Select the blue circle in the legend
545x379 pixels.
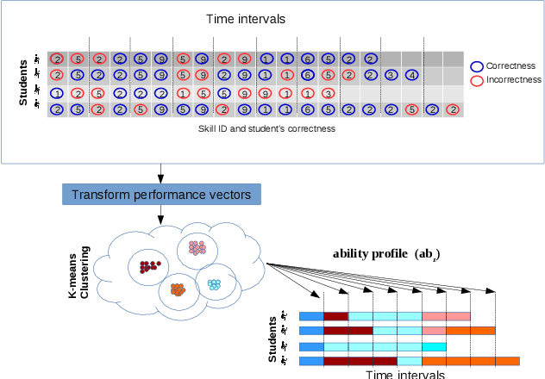tap(477, 65)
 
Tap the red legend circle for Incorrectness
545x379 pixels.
tap(477, 80)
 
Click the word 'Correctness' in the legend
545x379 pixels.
tap(512, 65)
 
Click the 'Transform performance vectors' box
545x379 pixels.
tap(161, 195)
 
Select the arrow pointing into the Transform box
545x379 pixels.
tap(161, 172)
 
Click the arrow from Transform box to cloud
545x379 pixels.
tap(161, 215)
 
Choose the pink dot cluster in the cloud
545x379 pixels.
tap(197, 248)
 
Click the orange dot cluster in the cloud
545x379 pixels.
tap(179, 290)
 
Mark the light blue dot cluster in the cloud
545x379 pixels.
tap(214, 284)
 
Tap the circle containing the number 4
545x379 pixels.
tap(413, 75)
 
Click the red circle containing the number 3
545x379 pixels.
tap(328, 93)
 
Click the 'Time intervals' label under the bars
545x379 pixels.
tap(404, 375)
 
